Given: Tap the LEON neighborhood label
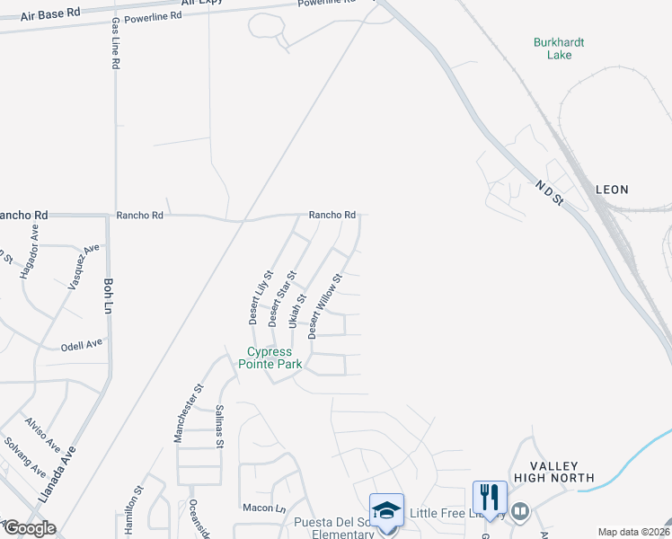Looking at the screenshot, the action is (612, 190).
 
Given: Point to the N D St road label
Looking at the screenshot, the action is (548, 194).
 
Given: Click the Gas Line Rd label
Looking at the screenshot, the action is (115, 37).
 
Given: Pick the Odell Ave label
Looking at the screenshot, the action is (82, 345).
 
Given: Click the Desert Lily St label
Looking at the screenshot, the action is (261, 297).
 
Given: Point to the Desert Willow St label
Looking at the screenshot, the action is (325, 306).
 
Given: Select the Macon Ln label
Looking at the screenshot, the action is (257, 508).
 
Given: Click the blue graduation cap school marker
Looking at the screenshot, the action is (387, 511).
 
